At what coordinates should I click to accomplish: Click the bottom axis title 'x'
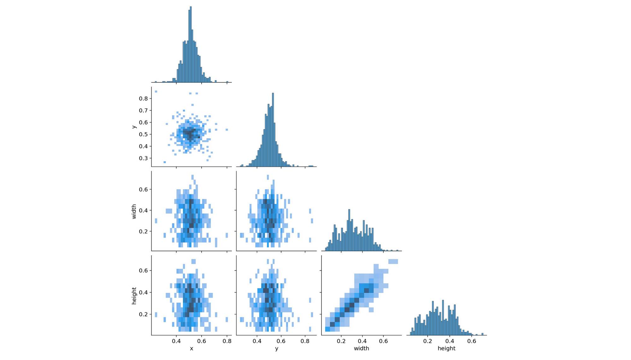[192, 349]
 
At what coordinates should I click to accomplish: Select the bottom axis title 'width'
[361, 349]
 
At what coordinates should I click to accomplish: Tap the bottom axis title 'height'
[446, 349]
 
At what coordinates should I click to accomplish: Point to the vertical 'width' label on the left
[134, 211]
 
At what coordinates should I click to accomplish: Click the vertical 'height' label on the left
[134, 296]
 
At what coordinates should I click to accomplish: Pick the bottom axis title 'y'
[277, 349]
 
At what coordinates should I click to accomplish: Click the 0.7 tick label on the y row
[143, 110]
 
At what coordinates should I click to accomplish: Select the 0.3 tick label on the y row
[143, 158]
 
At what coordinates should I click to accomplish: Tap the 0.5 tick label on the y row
[143, 134]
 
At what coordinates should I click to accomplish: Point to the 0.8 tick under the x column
[227, 341]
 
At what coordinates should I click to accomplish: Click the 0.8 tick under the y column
[305, 341]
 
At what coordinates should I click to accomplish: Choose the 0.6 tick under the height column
[471, 341]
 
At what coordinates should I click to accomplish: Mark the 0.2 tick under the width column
[341, 341]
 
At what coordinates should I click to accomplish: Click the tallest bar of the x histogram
[191, 44]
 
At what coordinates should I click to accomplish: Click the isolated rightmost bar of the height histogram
[482, 334]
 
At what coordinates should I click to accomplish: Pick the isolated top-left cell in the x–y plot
[156, 91]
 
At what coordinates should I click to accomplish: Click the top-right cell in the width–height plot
[393, 261]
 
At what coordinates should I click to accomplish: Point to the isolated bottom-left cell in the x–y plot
[164, 162]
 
